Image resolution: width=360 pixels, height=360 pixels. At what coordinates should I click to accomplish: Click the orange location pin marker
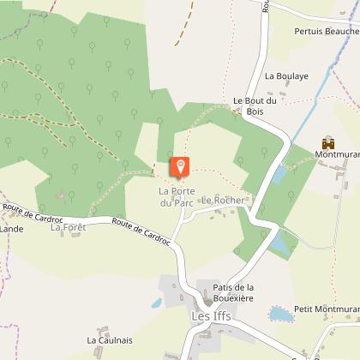pyautogui.click(x=180, y=166)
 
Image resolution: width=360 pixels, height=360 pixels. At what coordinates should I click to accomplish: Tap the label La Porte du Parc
pyautogui.click(x=179, y=196)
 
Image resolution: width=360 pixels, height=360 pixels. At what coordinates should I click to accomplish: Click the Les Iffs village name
pyautogui.click(x=211, y=316)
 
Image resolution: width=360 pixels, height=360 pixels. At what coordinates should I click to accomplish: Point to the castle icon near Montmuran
pyautogui.click(x=327, y=142)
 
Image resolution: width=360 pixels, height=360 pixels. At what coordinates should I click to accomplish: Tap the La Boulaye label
pyautogui.click(x=285, y=76)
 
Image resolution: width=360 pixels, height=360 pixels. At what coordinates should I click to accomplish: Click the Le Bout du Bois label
pyautogui.click(x=255, y=105)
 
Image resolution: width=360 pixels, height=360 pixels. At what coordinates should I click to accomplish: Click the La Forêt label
pyautogui.click(x=68, y=228)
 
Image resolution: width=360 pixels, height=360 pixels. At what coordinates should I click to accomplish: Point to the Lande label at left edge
pyautogui.click(x=11, y=229)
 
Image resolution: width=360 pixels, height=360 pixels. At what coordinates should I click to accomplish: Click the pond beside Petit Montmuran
pyautogui.click(x=280, y=314)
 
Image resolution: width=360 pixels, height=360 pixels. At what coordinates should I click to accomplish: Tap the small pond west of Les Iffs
pyautogui.click(x=158, y=303)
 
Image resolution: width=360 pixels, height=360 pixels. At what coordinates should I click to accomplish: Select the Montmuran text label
pyautogui.click(x=337, y=156)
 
